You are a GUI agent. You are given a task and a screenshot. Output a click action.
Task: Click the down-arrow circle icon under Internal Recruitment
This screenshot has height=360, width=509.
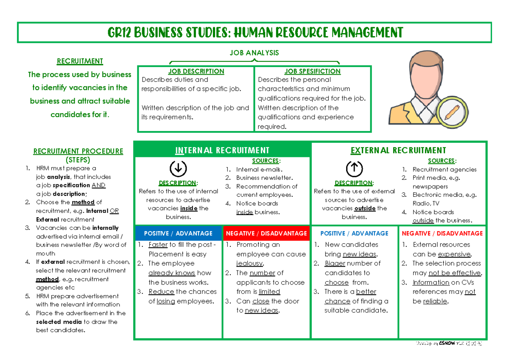coord(178,169)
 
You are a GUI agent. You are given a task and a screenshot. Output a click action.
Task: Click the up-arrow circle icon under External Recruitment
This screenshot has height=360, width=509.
coord(354,169)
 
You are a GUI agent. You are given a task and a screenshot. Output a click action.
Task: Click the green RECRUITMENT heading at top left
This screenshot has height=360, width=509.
coord(80,61)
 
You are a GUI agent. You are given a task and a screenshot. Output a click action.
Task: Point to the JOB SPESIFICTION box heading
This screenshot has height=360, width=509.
coord(312,71)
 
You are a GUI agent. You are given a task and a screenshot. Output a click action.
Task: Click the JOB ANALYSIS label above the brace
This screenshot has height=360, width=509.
coord(255,53)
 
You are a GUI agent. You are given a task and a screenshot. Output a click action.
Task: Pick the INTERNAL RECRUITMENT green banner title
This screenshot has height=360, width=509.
coord(222,150)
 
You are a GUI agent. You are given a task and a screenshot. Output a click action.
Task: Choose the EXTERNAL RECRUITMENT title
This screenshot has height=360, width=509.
coord(398,150)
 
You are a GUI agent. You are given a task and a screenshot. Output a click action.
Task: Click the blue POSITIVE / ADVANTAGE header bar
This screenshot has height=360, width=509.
coord(178,233)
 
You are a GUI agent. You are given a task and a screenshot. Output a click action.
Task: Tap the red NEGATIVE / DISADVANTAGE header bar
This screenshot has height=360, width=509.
coord(266,233)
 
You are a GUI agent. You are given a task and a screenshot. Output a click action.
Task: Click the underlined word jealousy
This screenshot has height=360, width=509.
coord(250,263)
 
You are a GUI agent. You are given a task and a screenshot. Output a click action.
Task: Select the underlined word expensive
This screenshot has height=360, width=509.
coord(454,254)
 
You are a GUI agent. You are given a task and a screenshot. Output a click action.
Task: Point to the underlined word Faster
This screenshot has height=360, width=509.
coord(158,245)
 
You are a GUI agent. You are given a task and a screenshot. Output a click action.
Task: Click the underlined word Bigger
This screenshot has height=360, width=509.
coord(335,263)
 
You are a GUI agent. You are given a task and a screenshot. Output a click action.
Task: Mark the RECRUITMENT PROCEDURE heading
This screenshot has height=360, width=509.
coord(78,151)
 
